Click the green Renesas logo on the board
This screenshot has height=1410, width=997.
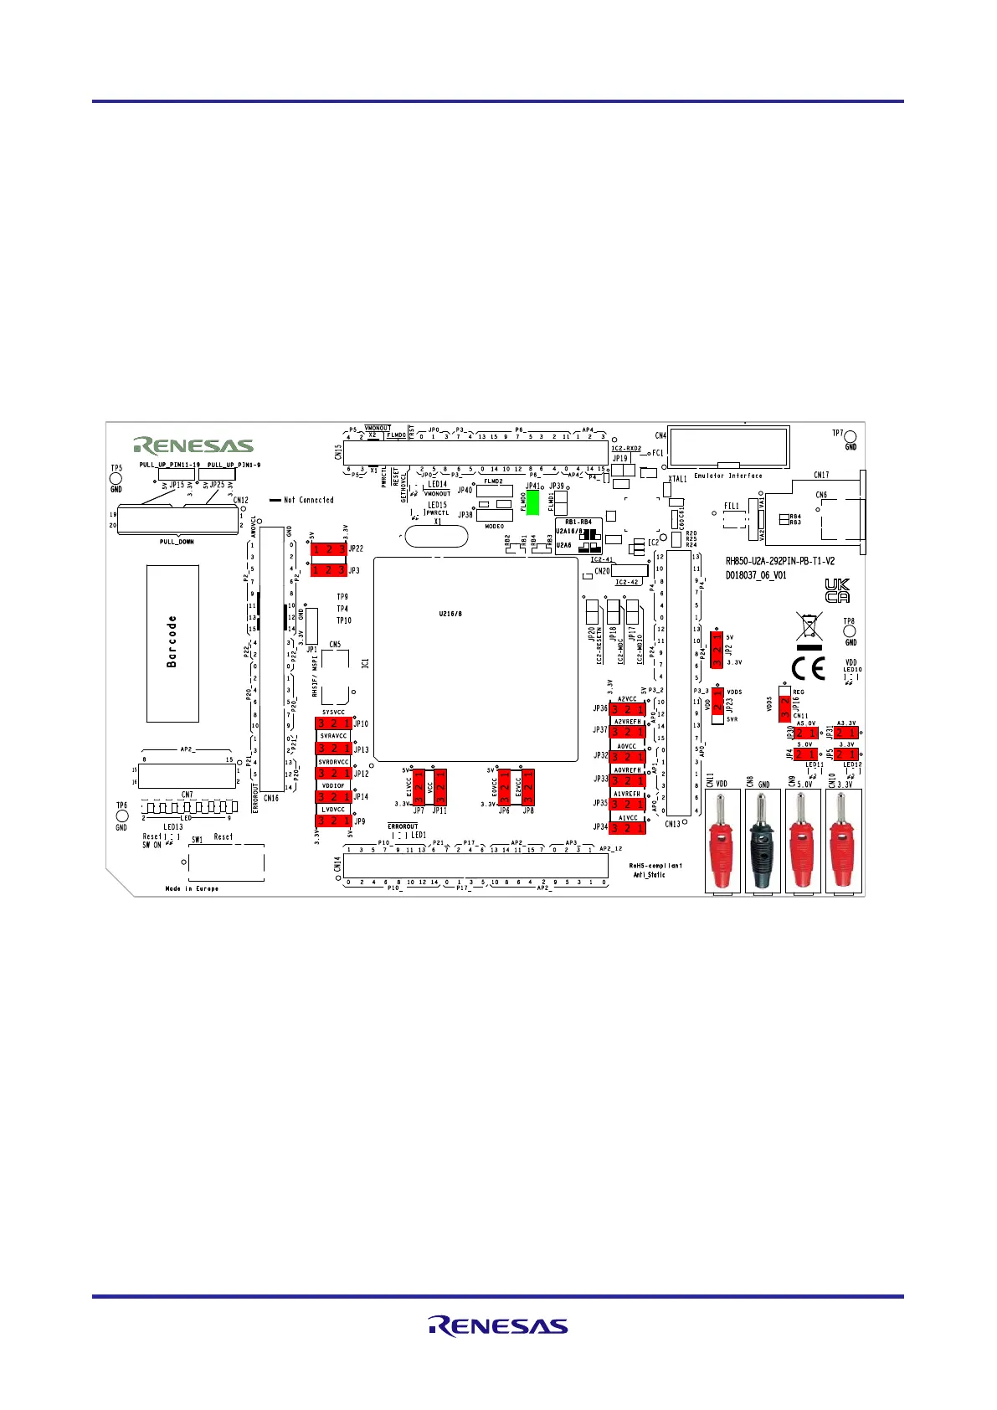[x=193, y=445]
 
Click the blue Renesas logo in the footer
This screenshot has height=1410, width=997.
[x=498, y=1325]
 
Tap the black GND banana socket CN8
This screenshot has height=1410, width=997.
[x=763, y=841]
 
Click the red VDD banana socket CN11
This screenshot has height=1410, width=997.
[x=722, y=841]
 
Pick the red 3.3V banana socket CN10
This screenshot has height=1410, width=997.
[x=842, y=841]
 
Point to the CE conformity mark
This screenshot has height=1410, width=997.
[x=808, y=668]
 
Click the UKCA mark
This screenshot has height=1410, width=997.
[x=836, y=591]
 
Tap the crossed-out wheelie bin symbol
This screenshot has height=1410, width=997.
[x=809, y=629]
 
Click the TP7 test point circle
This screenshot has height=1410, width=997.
[x=851, y=435]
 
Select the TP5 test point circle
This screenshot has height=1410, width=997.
[x=116, y=480]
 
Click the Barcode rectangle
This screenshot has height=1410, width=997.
[x=172, y=643]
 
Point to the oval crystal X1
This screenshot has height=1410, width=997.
[x=437, y=536]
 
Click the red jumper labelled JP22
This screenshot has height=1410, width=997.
[x=329, y=549]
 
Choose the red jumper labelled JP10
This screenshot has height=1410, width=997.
[x=334, y=723]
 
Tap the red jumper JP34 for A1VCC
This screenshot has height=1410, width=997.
[x=627, y=828]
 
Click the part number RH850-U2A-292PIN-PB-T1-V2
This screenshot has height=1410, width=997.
[x=779, y=562]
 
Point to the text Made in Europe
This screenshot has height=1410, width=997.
[x=192, y=888]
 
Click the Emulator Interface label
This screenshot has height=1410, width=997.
[x=728, y=476]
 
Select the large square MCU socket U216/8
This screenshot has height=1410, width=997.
[x=475, y=659]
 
